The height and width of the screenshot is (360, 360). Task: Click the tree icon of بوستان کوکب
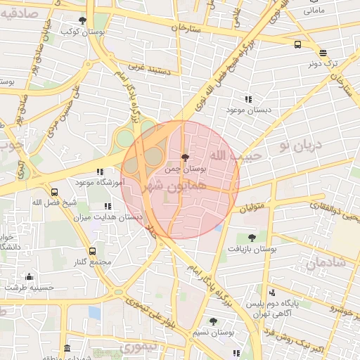click(83, 20)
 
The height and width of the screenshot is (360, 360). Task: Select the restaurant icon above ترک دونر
click(323, 53)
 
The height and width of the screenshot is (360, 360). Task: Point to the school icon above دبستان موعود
click(248, 99)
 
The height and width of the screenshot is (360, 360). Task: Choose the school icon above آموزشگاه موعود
click(100, 171)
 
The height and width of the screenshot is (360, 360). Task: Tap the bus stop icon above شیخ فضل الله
click(54, 191)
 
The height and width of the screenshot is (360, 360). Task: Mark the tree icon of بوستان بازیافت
click(252, 238)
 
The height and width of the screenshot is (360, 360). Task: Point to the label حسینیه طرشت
click(29, 287)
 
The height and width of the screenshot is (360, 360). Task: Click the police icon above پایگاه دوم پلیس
click(273, 292)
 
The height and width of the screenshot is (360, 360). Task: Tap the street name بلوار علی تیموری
click(150, 314)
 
